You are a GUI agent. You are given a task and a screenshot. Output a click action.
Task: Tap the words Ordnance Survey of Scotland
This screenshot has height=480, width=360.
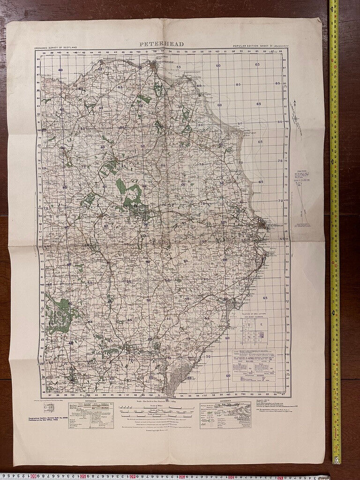tap(56, 48)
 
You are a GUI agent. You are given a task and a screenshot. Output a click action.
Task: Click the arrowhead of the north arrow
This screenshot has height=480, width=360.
tap(295, 101)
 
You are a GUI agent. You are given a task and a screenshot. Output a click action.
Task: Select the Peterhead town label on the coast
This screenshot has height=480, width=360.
tap(276, 225)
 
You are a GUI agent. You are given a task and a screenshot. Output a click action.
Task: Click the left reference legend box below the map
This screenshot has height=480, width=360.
tap(91, 414)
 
